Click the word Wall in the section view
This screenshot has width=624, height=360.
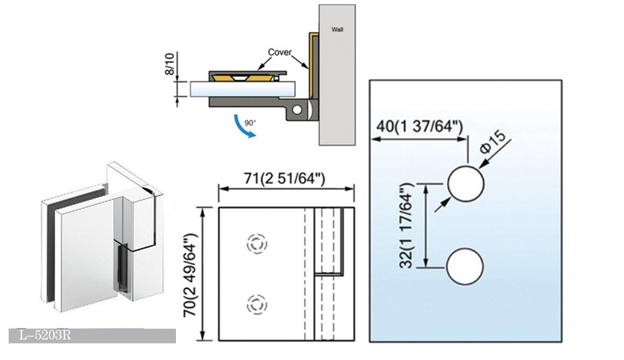337,30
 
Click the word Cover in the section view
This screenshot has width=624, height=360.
280,52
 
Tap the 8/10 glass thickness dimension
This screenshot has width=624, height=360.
170,64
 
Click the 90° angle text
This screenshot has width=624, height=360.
250,123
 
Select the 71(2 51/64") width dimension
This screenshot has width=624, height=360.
285,178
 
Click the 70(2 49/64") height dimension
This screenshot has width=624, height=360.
190,275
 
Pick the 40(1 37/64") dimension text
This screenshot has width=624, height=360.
420,126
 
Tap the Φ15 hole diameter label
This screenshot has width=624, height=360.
493,142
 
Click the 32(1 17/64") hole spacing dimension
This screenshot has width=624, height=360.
407,226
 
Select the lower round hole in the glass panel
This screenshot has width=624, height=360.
465,266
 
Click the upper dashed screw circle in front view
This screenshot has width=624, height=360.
257,244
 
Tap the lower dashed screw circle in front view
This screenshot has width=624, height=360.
257,305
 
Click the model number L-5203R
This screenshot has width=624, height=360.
45,335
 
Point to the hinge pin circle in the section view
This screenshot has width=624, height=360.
297,110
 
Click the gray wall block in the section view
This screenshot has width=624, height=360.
337,74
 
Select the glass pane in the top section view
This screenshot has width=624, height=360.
242,89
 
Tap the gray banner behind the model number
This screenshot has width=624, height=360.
92,336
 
